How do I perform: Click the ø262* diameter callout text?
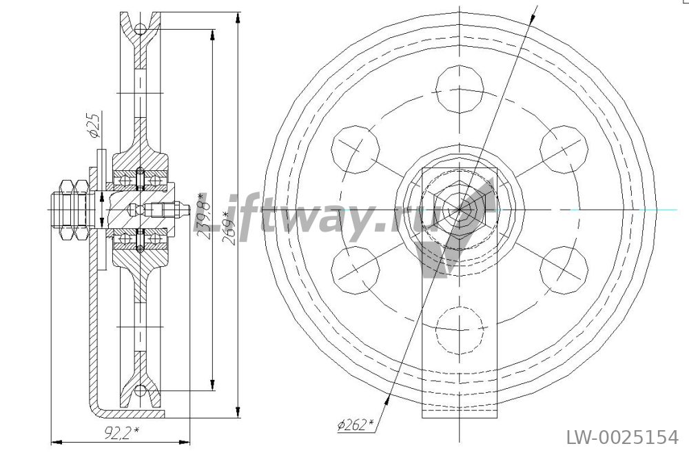[x=356, y=425]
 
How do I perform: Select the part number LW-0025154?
[x=622, y=438]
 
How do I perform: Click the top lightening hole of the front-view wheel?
[x=460, y=90]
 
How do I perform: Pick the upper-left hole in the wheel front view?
[x=356, y=150]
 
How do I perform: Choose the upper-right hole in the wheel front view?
[x=564, y=150]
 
